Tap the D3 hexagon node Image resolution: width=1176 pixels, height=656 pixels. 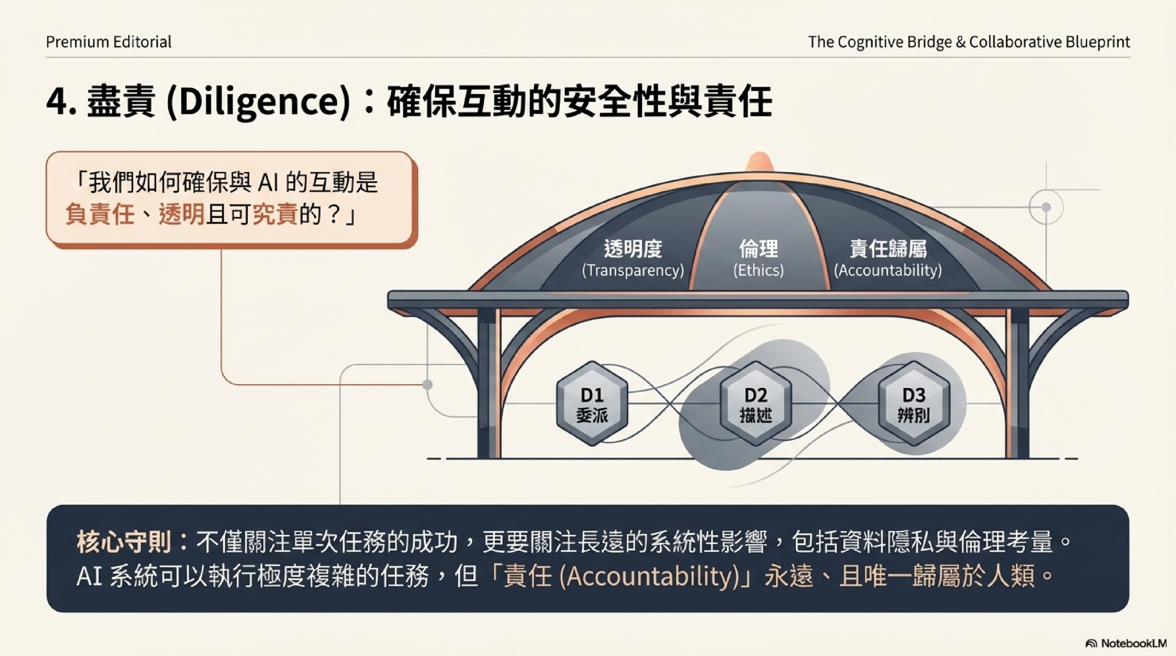tap(914, 404)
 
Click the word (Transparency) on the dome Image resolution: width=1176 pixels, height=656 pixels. tap(633, 271)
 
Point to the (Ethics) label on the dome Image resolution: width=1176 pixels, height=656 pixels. tap(758, 271)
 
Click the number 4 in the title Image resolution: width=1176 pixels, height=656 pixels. tap(57, 102)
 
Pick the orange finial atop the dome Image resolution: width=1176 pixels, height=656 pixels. tap(759, 162)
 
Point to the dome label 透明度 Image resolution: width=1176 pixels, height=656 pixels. tap(633, 249)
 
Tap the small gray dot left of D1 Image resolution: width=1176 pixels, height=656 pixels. tap(427, 385)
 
